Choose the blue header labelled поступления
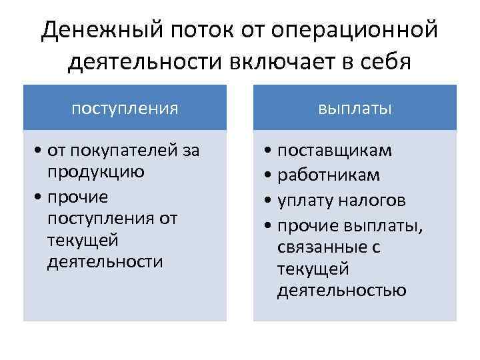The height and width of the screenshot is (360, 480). [125, 107]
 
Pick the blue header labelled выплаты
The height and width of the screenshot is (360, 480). [355, 107]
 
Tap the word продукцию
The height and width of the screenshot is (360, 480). [96, 172]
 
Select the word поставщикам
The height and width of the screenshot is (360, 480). [335, 151]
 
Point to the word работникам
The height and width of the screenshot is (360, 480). [329, 175]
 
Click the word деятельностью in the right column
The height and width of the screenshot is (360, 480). [341, 291]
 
